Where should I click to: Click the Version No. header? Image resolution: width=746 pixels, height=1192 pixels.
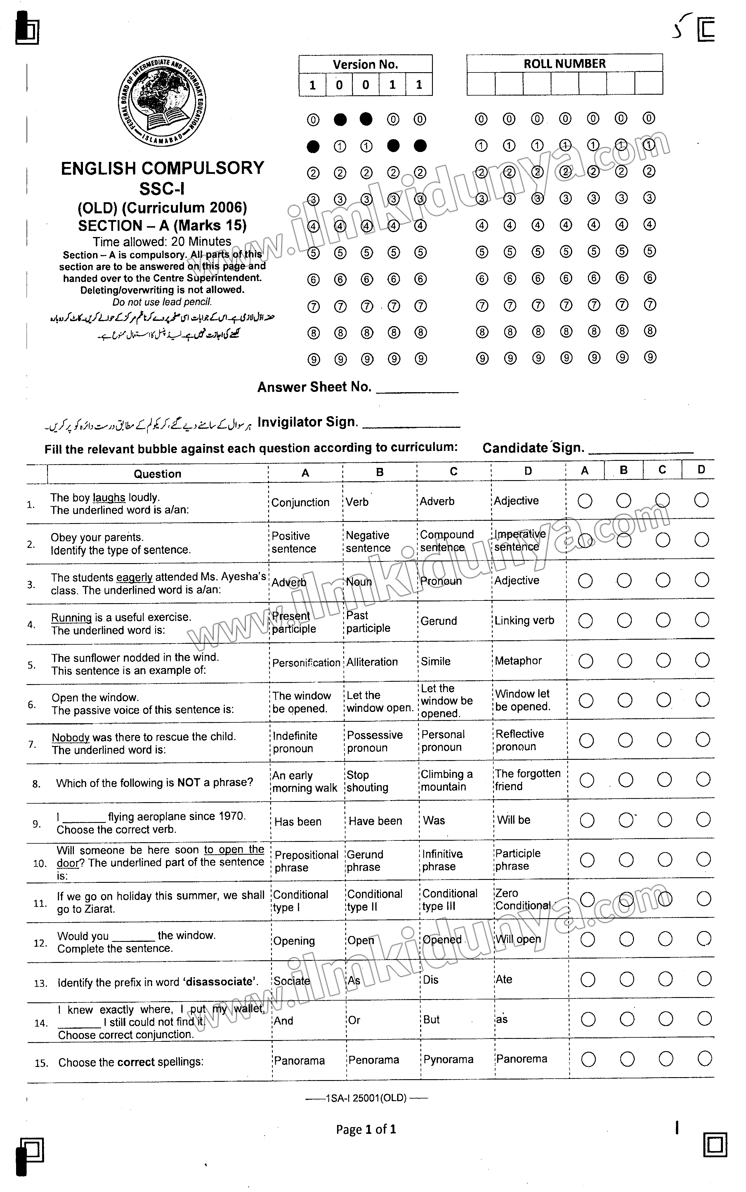[x=365, y=64]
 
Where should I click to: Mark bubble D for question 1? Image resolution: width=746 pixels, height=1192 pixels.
[x=701, y=500]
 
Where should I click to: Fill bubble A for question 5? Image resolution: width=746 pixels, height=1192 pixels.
[x=586, y=660]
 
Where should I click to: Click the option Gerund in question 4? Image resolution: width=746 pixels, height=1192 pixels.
[x=439, y=621]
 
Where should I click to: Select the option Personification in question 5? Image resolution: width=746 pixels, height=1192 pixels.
[x=306, y=662]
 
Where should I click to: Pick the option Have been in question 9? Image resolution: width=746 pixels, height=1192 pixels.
[x=375, y=821]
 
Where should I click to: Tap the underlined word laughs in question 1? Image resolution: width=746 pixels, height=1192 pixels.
[x=109, y=498]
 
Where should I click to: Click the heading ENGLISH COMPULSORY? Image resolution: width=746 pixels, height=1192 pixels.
[x=162, y=168]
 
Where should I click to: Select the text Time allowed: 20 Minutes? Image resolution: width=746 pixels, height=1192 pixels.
[x=162, y=241]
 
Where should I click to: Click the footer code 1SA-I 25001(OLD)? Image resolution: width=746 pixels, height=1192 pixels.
[x=366, y=1098]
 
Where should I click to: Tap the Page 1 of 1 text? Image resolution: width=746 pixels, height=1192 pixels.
[x=366, y=1129]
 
